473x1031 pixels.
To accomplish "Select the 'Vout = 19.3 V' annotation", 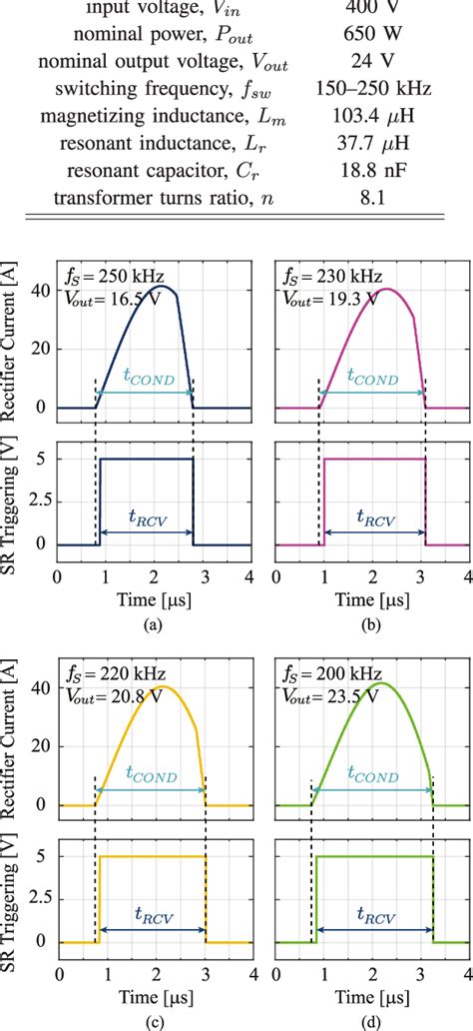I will (328, 298).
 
